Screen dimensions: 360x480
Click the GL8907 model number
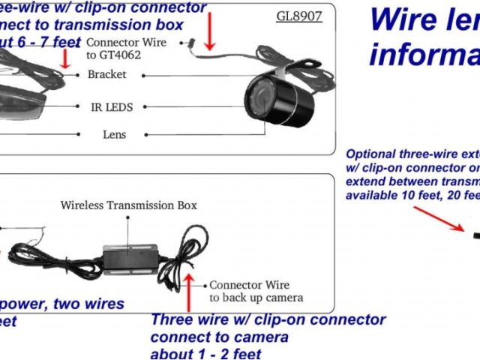pyautogui.click(x=298, y=15)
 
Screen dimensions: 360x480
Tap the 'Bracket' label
pyautogui.click(x=106, y=74)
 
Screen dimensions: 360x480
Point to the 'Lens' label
pyautogui.click(x=114, y=135)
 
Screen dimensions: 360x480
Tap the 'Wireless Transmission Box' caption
pyautogui.click(x=128, y=205)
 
